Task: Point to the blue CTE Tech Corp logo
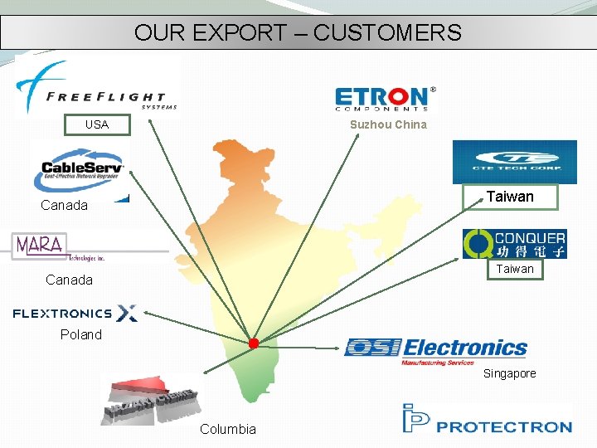(514, 162)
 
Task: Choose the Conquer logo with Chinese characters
(514, 244)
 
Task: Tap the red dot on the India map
(254, 343)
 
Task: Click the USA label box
(98, 125)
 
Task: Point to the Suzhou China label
(388, 124)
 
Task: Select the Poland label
(80, 335)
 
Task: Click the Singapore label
(509, 373)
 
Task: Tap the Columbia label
(228, 429)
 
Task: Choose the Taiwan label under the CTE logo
(510, 197)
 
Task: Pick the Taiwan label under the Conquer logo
(515, 270)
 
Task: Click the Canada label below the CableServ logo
(64, 205)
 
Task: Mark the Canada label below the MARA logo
(69, 280)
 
